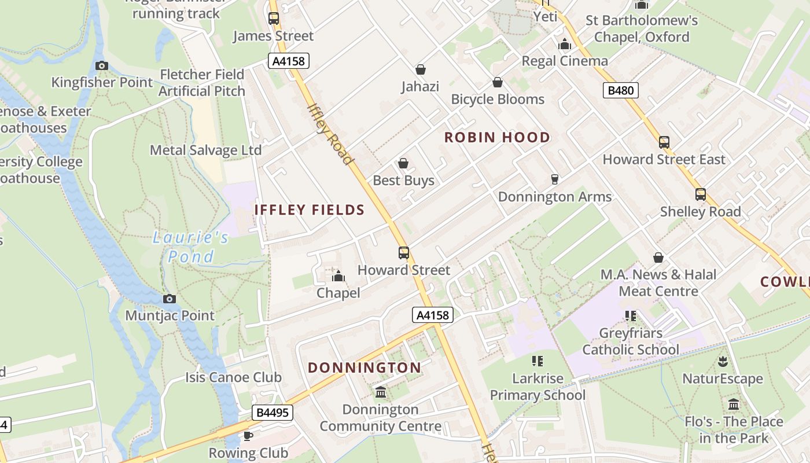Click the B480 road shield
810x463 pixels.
pos(621,90)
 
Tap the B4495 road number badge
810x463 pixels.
pos(272,413)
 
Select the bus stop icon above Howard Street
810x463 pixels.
pos(404,253)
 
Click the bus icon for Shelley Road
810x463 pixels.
pos(701,194)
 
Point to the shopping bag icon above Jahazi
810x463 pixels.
pos(421,69)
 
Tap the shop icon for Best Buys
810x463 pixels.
pos(403,164)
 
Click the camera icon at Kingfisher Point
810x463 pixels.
pos(102,65)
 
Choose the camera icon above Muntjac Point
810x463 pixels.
pos(170,299)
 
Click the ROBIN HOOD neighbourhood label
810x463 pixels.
pos(497,137)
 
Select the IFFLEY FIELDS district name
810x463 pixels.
pos(310,210)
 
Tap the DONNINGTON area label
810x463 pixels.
pos(365,368)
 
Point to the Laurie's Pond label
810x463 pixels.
pos(191,247)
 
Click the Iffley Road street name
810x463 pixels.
pos(330,134)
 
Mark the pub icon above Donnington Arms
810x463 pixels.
pos(554,179)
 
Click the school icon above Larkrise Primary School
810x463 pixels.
pos(537,361)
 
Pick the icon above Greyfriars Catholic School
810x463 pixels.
pos(631,316)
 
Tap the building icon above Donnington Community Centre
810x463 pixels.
pos(381,392)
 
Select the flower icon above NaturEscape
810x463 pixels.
pos(722,362)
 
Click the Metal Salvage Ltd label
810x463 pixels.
pos(205,150)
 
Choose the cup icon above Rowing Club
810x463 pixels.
pos(248,436)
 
